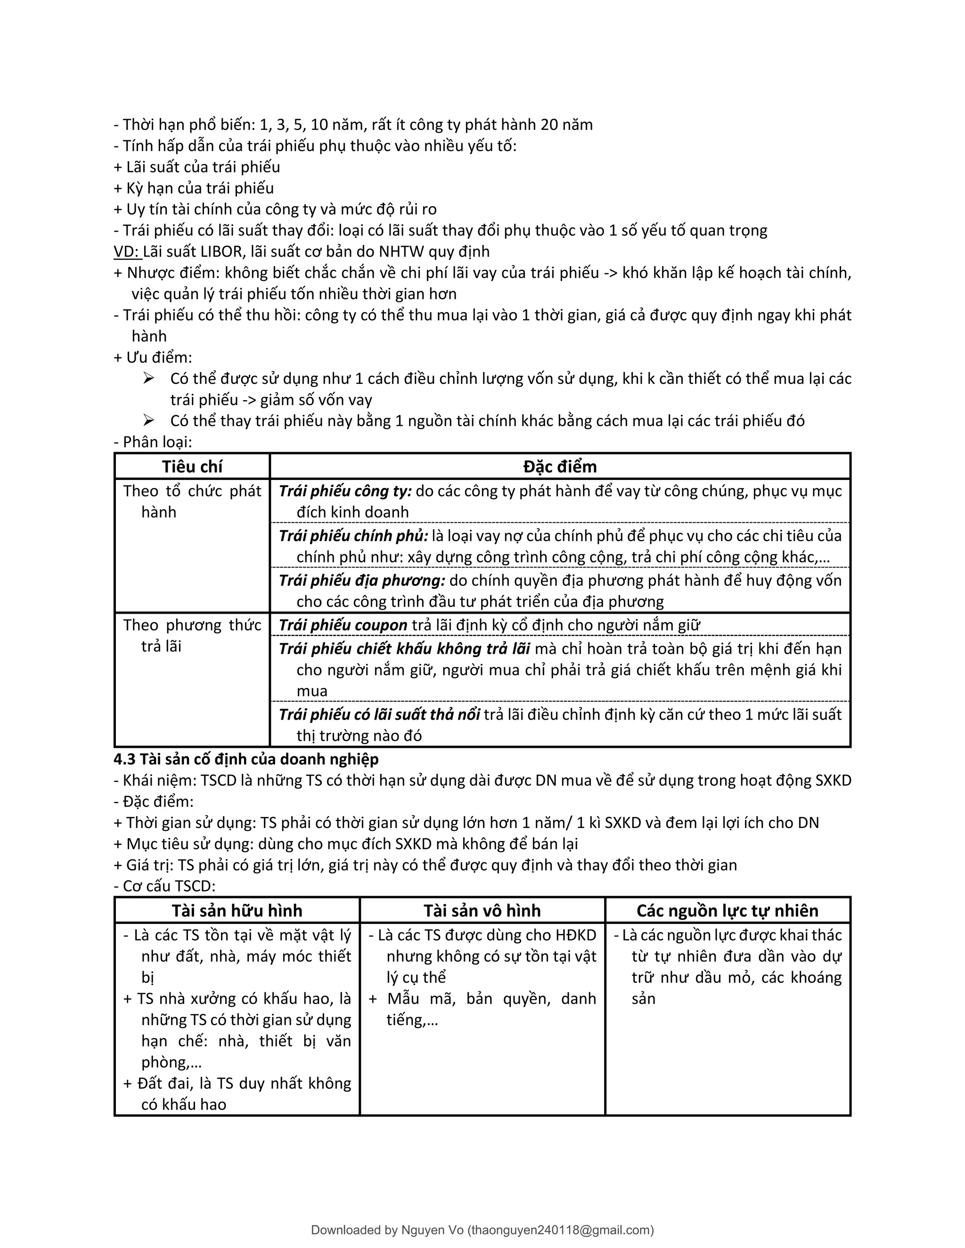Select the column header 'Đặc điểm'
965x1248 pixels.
pyautogui.click(x=560, y=466)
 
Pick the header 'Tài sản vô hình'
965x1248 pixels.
pyautogui.click(x=482, y=910)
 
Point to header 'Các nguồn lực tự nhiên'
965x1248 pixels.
pyautogui.click(x=727, y=910)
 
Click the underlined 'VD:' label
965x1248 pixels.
pyautogui.click(x=126, y=251)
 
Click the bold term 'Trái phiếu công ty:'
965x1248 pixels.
pyautogui.click(x=345, y=491)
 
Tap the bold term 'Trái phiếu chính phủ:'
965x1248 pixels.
pyautogui.click(x=353, y=535)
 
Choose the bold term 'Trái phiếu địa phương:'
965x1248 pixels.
pyautogui.click(x=362, y=580)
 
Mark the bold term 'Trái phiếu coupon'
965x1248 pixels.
pyautogui.click(x=343, y=624)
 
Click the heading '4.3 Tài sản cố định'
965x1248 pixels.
pyautogui.click(x=246, y=759)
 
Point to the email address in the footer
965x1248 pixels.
pyautogui.click(x=560, y=1230)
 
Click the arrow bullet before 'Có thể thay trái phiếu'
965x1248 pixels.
pyautogui.click(x=149, y=421)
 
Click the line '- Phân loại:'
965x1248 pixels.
pyautogui.click(x=153, y=442)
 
